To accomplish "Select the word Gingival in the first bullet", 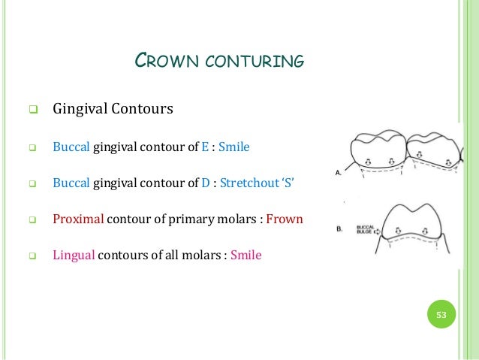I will tap(80, 110).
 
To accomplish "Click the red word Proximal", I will tap(78, 219).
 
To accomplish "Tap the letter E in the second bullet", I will tap(203, 147).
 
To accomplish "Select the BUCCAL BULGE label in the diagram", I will tap(366, 228).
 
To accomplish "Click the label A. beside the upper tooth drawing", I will tap(338, 172).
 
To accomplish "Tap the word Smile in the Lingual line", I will tap(246, 255).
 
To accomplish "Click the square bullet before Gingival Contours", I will tap(32, 110).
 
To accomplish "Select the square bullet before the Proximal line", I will tap(32, 220).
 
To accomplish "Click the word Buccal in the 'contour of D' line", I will tap(71, 183).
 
